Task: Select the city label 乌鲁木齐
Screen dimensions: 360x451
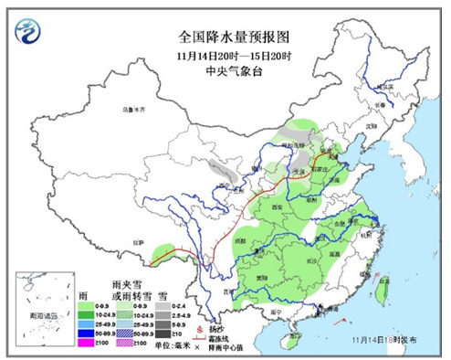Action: (134, 110)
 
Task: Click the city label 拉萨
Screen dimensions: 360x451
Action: (138, 242)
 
